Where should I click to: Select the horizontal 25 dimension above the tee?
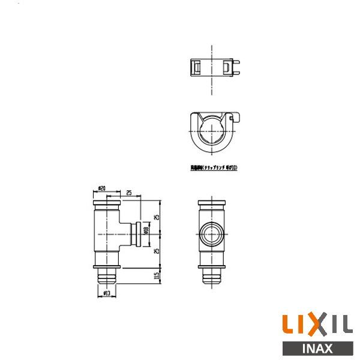[x=129, y=193]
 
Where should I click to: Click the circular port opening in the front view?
[x=212, y=234]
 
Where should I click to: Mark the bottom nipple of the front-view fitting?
[x=212, y=277]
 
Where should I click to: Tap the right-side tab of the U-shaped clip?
[x=236, y=116]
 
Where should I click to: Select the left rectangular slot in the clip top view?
[x=196, y=67]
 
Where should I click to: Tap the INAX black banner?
[x=316, y=348]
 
